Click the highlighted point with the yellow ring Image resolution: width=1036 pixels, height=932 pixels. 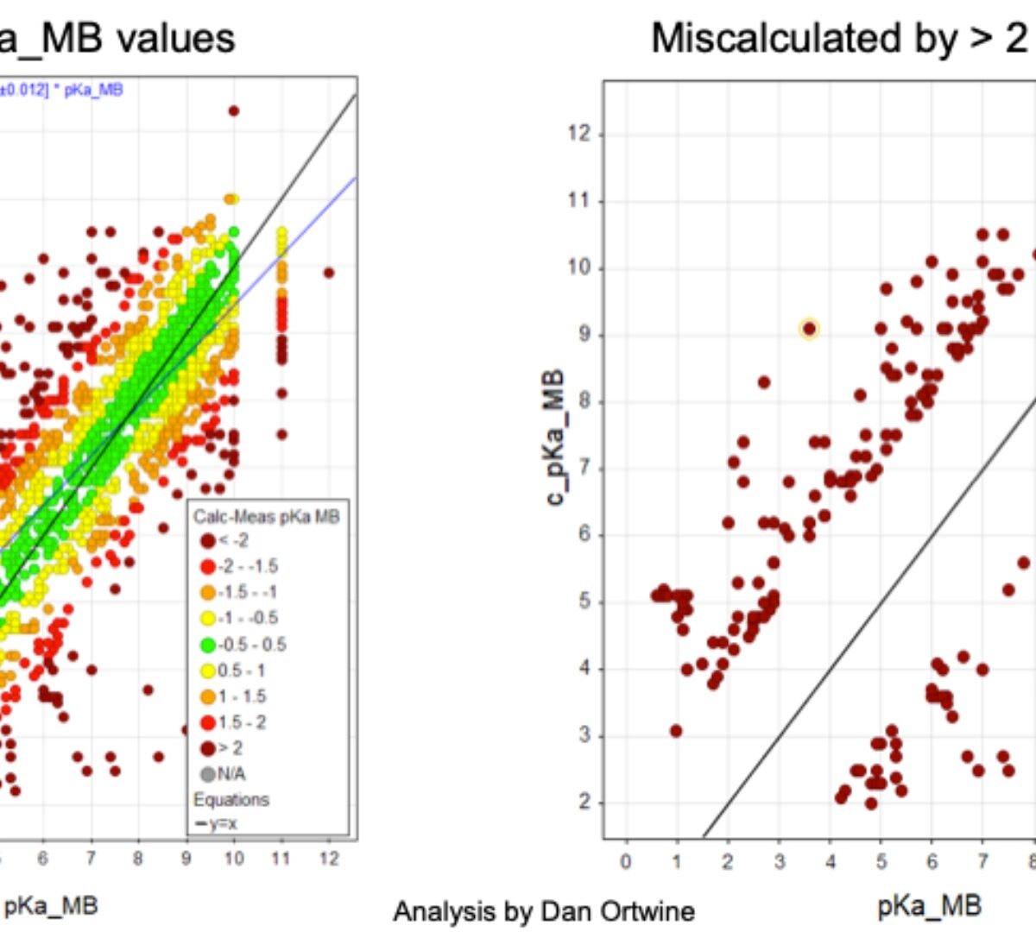(x=809, y=329)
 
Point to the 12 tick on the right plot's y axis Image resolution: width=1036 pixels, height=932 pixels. (x=580, y=135)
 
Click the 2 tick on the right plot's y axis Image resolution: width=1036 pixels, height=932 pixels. (x=584, y=803)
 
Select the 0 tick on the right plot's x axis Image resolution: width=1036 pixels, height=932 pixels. (x=626, y=861)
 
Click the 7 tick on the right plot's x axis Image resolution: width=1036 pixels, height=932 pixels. (x=982, y=861)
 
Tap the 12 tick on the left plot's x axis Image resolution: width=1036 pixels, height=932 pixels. (x=329, y=859)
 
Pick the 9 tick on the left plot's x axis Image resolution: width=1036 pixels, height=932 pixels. (x=186, y=859)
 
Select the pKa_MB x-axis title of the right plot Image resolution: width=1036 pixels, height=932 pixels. (x=929, y=905)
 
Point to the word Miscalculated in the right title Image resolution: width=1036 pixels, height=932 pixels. (x=763, y=38)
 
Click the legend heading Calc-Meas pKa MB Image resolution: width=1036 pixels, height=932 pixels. (x=266, y=517)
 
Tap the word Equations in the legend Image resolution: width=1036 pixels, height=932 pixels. (x=231, y=800)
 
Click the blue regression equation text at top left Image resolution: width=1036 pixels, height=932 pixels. (x=60, y=90)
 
